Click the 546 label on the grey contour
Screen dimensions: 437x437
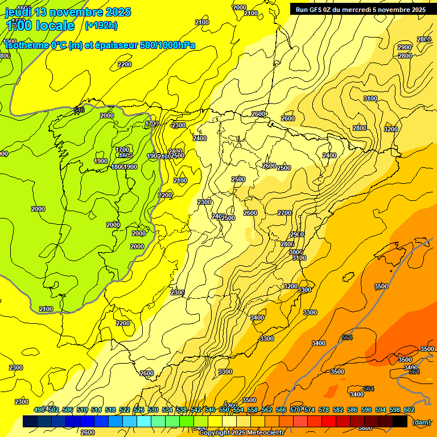click(x=79, y=110)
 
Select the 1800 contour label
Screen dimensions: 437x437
click(x=117, y=167)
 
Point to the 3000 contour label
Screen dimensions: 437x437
click(x=295, y=252)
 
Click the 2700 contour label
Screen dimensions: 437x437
click(x=285, y=213)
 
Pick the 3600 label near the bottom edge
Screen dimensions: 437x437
click(x=365, y=428)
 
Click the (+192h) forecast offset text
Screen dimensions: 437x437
click(x=101, y=25)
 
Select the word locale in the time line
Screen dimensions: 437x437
click(x=56, y=26)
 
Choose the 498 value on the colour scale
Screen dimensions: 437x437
click(x=39, y=410)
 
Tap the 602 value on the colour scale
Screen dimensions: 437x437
click(x=409, y=410)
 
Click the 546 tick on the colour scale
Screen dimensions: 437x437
click(x=210, y=410)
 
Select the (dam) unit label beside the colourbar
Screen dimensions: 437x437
click(x=421, y=422)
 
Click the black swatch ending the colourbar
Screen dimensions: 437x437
click(x=400, y=422)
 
